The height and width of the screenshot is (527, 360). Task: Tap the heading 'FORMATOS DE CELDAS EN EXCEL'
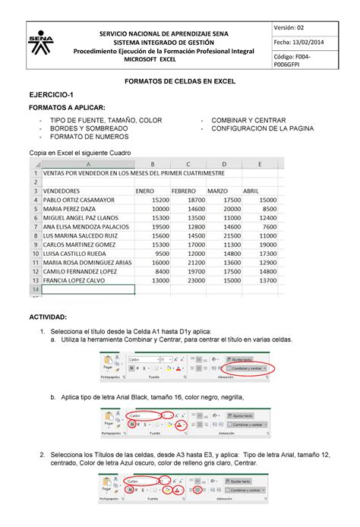point(180,80)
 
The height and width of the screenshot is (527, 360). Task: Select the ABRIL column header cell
point(251,190)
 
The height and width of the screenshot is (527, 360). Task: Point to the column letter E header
point(260,163)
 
